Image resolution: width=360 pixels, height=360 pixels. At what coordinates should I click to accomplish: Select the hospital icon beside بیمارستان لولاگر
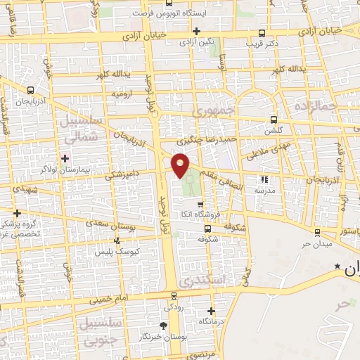(x=65, y=157)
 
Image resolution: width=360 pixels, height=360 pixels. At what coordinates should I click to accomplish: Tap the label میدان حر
(x=296, y=243)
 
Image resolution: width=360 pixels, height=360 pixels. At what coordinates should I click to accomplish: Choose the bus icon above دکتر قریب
(x=262, y=32)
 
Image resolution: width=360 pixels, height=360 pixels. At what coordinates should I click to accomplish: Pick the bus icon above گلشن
(x=274, y=120)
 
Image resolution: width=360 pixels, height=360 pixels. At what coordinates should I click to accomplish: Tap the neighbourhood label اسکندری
(x=201, y=280)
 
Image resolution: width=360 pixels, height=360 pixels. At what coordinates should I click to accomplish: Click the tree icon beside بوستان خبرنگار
(x=163, y=325)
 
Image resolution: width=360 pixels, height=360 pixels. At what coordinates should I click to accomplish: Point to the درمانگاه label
(x=212, y=321)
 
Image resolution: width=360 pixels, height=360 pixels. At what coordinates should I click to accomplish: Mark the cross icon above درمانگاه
(x=212, y=310)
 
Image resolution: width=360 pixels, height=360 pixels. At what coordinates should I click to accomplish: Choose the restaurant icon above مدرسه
(x=265, y=179)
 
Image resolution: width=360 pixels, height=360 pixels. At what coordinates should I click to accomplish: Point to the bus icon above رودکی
(x=173, y=296)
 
